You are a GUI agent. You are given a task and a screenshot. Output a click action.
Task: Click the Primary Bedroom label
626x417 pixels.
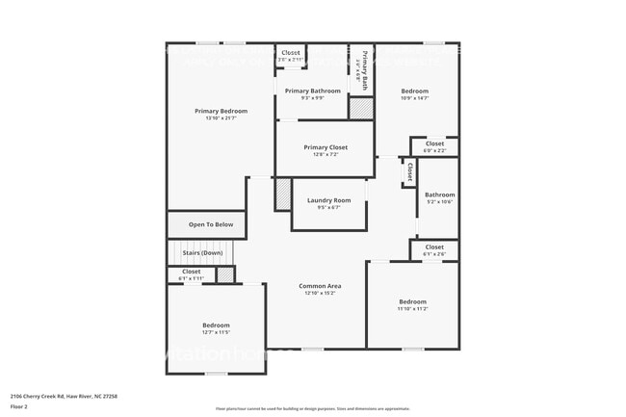coord(222,112)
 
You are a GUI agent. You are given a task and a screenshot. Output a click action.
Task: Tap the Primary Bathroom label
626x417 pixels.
coord(312,91)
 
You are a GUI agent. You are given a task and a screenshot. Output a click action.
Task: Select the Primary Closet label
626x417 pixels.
coord(326,147)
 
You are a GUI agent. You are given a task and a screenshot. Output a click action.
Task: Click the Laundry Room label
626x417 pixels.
coord(328,200)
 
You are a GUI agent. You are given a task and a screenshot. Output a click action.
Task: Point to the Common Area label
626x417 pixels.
coord(318,286)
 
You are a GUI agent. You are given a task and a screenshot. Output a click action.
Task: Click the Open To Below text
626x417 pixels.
coord(210,224)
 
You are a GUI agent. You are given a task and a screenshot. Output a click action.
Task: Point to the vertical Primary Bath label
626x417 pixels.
coord(365,69)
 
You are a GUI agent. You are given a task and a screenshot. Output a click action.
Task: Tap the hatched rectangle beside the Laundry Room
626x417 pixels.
coord(283,195)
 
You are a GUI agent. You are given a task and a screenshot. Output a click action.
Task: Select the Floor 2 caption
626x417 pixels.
coord(19,406)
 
